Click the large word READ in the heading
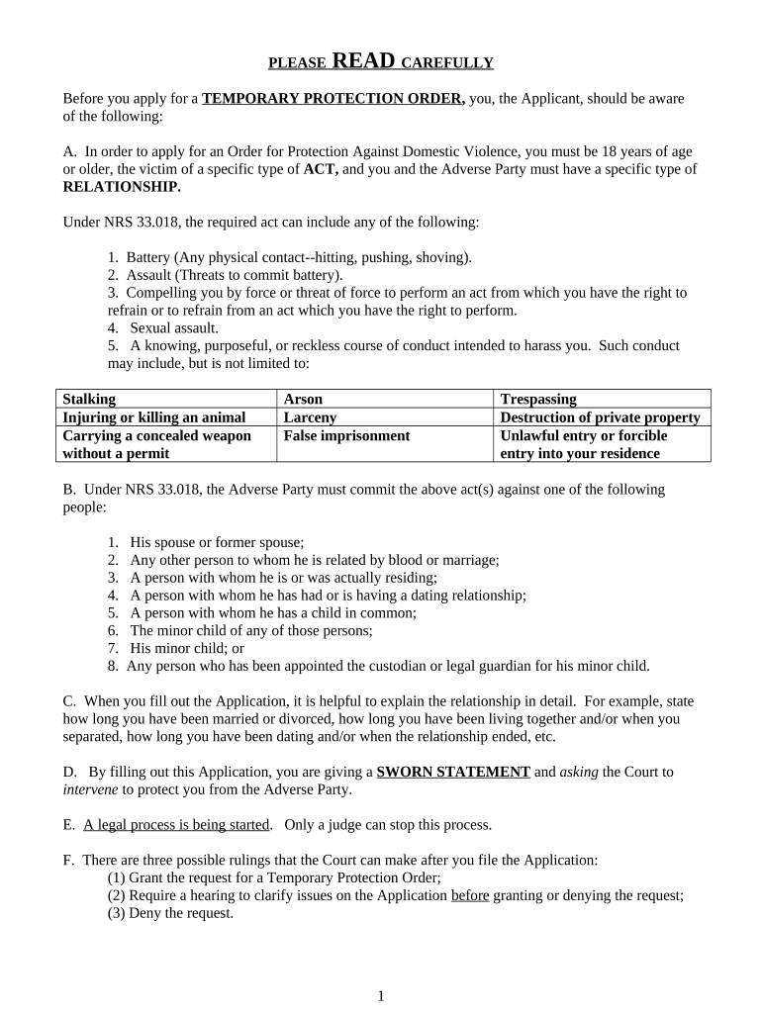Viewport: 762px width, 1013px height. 364,61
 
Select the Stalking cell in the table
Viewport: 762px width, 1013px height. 89,399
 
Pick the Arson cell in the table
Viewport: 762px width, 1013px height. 303,399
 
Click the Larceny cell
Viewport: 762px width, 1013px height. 310,416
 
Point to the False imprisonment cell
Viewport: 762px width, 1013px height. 346,435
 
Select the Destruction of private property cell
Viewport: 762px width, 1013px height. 601,416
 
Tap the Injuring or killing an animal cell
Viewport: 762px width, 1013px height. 153,416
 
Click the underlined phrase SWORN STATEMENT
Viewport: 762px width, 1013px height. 453,772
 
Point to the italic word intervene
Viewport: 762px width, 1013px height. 91,789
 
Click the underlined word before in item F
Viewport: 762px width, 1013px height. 470,895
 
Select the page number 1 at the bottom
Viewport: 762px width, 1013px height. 380,996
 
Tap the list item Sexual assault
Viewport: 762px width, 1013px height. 174,327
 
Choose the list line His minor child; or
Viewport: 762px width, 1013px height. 186,648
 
